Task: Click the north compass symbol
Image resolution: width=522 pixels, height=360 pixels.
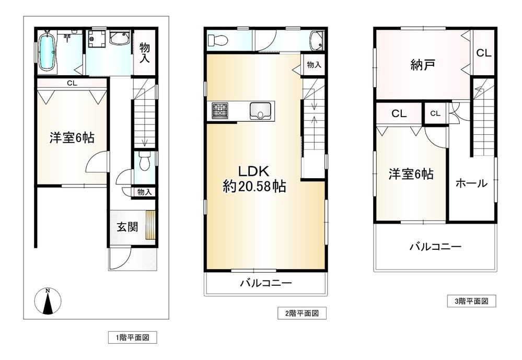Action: [48, 301]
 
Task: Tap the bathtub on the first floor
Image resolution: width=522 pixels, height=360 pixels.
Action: [47, 52]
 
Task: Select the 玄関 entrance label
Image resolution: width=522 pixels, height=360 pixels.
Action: [127, 227]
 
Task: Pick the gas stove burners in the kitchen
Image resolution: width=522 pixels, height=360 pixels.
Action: [220, 110]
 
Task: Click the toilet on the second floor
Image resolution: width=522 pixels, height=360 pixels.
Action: [217, 41]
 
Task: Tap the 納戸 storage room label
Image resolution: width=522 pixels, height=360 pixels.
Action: [423, 65]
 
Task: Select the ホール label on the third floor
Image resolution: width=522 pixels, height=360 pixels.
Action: [471, 183]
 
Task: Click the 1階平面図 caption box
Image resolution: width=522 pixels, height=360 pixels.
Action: [133, 338]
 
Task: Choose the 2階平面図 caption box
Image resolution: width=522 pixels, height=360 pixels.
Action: [302, 313]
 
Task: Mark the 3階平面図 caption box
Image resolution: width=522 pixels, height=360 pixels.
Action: [471, 301]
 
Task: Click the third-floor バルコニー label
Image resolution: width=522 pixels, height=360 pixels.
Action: [435, 247]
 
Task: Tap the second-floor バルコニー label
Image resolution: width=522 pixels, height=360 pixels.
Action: [266, 283]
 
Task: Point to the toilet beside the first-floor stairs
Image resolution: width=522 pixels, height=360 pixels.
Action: [144, 162]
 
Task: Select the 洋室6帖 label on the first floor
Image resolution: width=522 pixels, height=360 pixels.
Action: [72, 137]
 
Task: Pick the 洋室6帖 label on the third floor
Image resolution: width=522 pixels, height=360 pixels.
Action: [411, 174]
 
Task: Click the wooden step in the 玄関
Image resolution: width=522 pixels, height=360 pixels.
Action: [150, 225]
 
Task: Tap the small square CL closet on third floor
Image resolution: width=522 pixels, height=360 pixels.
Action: [435, 113]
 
